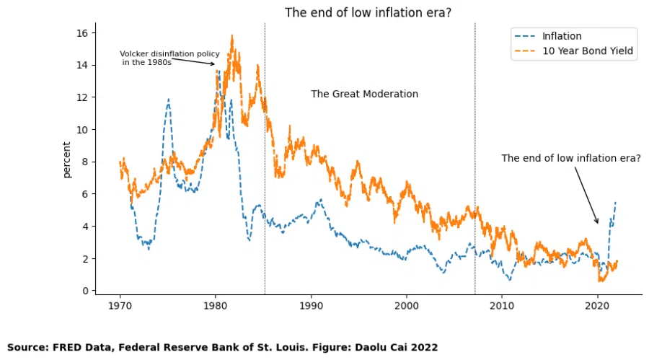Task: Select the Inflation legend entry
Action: coord(562,36)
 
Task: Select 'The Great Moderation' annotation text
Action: coord(364,94)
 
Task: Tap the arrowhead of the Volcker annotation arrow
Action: coord(214,64)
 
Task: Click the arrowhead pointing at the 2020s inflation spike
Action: coord(598,223)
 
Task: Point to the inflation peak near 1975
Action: coord(168,99)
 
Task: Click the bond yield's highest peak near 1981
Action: coord(232,35)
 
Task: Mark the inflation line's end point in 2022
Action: coord(615,202)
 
